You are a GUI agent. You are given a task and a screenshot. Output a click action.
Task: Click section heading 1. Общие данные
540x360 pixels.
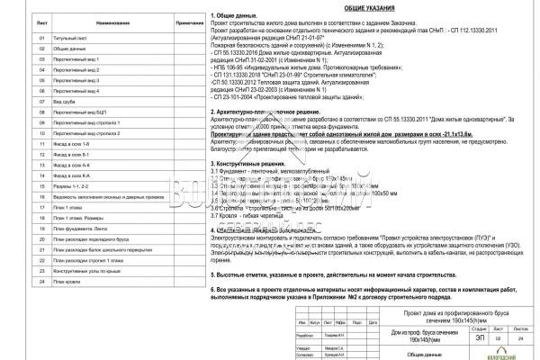pyautogui.click(x=235, y=17)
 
